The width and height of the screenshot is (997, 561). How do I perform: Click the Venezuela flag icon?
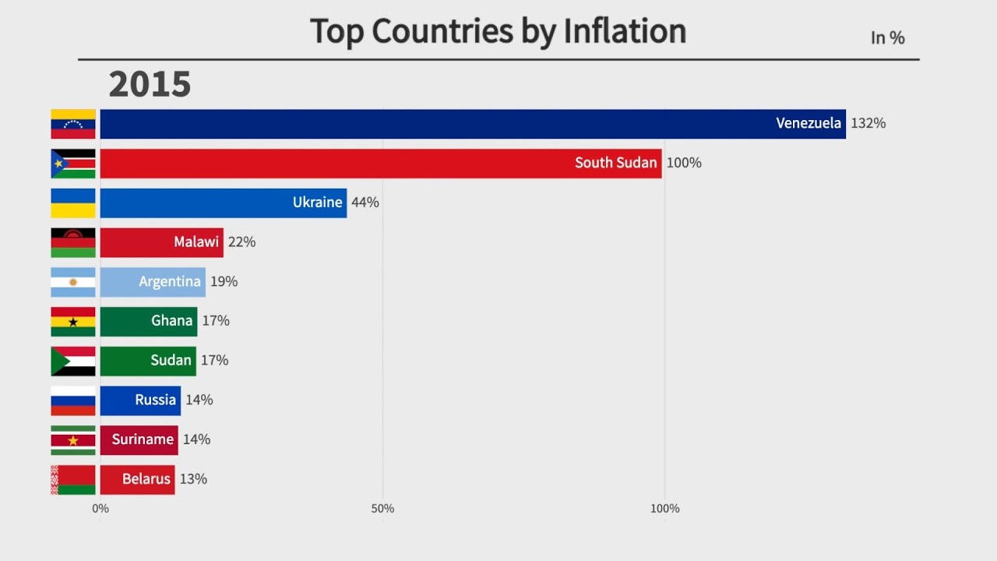coord(73,124)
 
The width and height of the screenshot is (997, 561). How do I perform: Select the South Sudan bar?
coord(381,164)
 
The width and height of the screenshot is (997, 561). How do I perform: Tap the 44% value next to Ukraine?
coord(365,203)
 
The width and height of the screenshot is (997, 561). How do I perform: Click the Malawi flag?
coord(73,242)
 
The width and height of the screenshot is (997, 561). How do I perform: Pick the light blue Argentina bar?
coord(153,282)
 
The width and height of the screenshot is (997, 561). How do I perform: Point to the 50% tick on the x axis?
coord(382,509)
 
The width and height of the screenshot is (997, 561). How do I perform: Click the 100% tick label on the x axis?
coord(664,509)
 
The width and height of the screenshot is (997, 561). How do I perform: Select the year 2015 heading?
coord(150,84)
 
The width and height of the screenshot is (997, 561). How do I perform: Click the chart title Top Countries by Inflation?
coord(498,32)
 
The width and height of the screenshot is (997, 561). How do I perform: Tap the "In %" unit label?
coord(887,37)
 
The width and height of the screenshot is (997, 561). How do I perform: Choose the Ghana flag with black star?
coord(73,322)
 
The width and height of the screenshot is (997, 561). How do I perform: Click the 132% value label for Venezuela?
coord(868,123)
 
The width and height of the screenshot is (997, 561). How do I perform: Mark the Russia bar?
coord(140,400)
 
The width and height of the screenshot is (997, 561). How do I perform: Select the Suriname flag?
coord(73,440)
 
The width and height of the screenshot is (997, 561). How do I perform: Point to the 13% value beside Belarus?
coord(193,479)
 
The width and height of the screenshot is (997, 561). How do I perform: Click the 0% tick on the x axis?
coord(100,509)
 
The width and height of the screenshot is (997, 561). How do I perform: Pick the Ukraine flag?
coord(73,203)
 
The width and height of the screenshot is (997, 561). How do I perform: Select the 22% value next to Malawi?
coord(241,242)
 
